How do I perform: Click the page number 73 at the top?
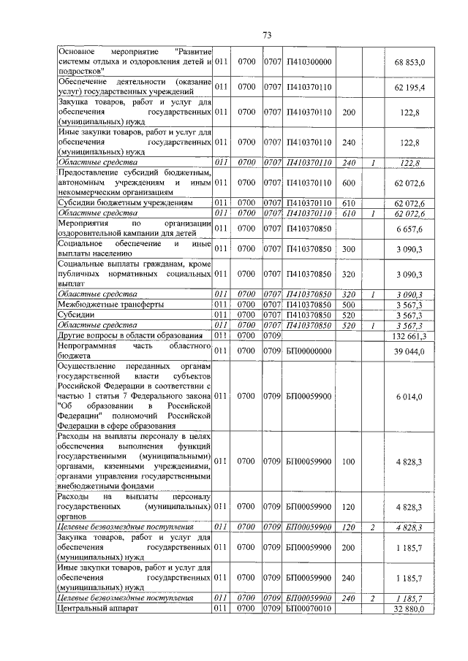(x=267, y=35)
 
